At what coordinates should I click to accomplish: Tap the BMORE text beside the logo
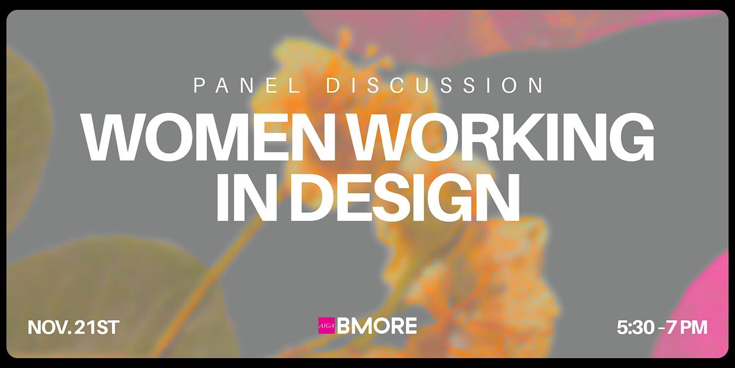(377, 326)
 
